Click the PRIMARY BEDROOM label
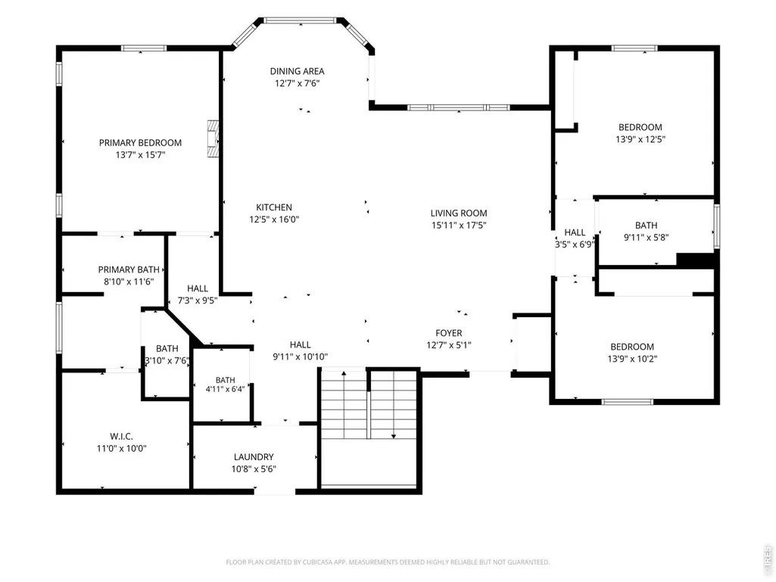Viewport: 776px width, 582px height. pyautogui.click(x=140, y=142)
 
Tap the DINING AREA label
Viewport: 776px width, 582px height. pyautogui.click(x=297, y=71)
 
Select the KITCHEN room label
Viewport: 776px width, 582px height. pyautogui.click(x=273, y=207)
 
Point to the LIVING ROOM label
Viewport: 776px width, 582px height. pyautogui.click(x=459, y=213)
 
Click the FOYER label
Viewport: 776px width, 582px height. pyautogui.click(x=449, y=333)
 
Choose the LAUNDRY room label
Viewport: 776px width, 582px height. pyautogui.click(x=254, y=457)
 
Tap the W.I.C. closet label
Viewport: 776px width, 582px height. pyautogui.click(x=121, y=437)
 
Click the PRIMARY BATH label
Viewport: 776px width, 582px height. pyautogui.click(x=129, y=269)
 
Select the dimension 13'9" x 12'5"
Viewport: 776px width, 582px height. pyautogui.click(x=640, y=139)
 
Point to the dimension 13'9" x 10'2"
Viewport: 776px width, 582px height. pyautogui.click(x=632, y=359)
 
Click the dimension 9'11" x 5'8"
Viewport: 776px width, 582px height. pyautogui.click(x=646, y=238)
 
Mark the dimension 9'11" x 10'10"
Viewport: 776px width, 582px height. pyautogui.click(x=301, y=356)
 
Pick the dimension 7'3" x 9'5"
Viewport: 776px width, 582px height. pyautogui.click(x=198, y=300)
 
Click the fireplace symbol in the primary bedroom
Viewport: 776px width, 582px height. pyautogui.click(x=213, y=138)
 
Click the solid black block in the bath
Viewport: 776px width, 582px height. pyautogui.click(x=695, y=260)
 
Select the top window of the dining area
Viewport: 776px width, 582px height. pyautogui.click(x=300, y=20)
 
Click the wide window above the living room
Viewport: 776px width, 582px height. pyautogui.click(x=459, y=107)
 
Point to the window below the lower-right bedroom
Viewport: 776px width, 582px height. pyautogui.click(x=627, y=402)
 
